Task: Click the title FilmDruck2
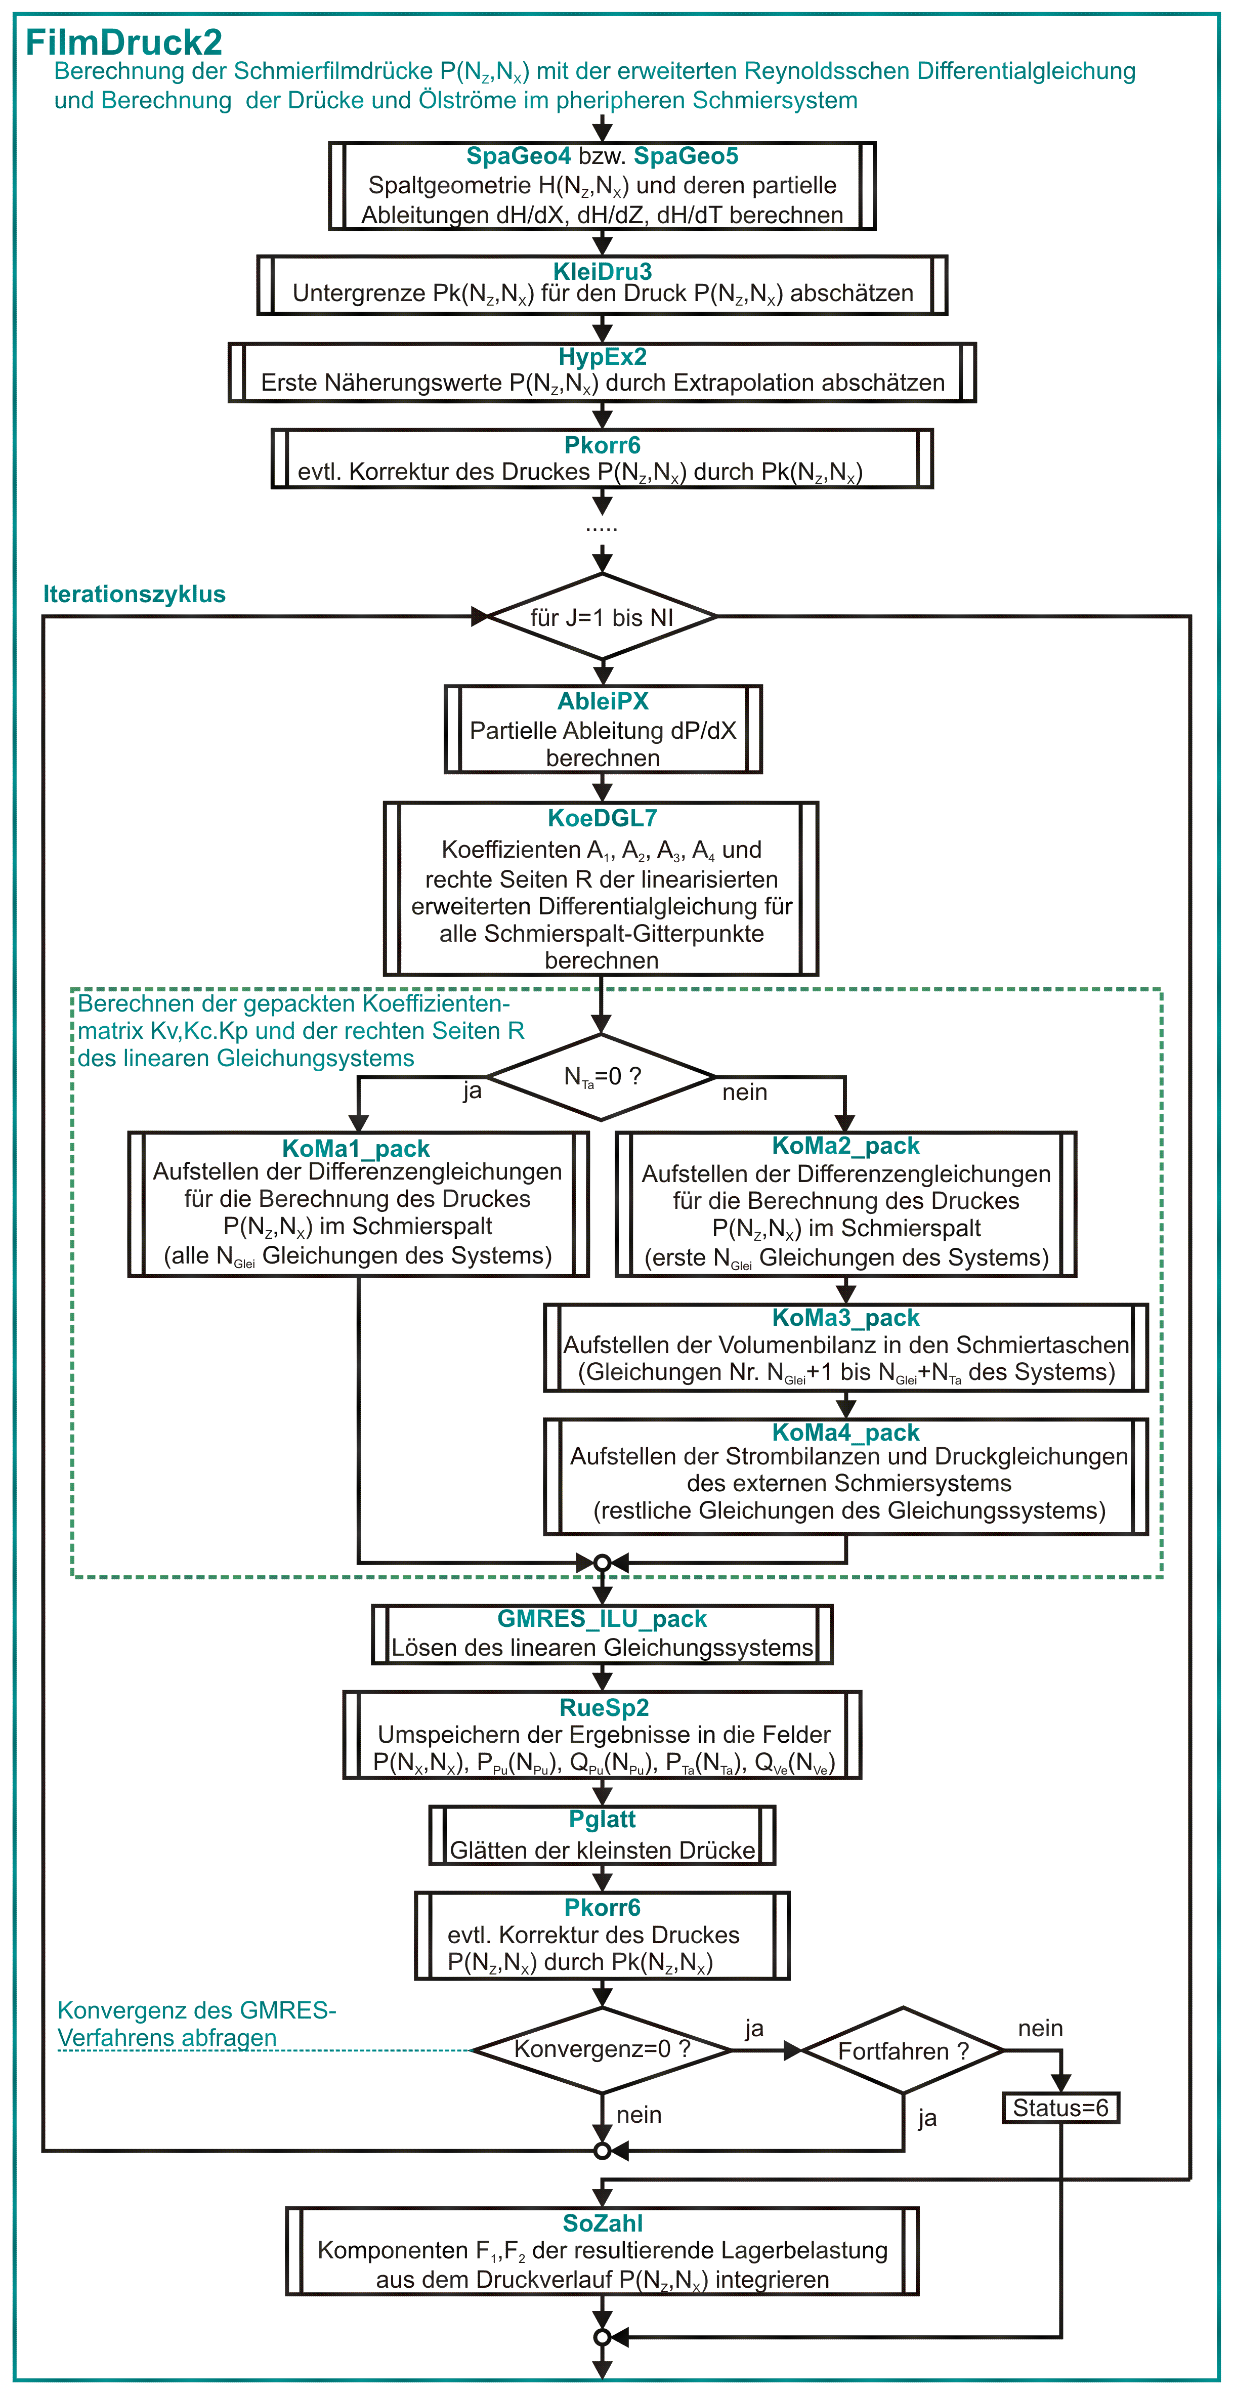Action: click(x=123, y=42)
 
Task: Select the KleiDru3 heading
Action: click(x=603, y=272)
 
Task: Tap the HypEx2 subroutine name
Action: click(x=603, y=357)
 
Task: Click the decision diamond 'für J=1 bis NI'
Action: click(x=603, y=616)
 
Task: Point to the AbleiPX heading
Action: click(x=603, y=701)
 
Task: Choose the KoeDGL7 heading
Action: click(x=603, y=818)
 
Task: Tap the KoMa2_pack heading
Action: click(x=846, y=1146)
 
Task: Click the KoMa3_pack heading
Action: click(x=846, y=1318)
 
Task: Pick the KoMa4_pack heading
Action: click(x=846, y=1433)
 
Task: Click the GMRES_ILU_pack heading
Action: click(x=603, y=1619)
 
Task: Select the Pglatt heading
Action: click(x=603, y=1819)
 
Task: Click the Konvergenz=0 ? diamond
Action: click(x=603, y=2049)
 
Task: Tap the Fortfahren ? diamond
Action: click(x=904, y=2050)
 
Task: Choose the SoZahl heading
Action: click(x=603, y=2223)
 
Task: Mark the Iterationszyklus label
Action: click(x=135, y=594)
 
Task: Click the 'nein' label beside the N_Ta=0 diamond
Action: click(x=745, y=1091)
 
